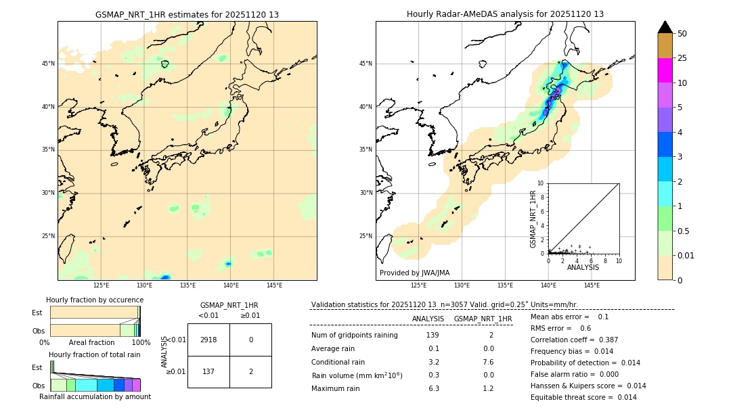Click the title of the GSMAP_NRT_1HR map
[x=187, y=14]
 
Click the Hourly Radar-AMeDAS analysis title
[x=505, y=14]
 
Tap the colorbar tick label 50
[x=682, y=34]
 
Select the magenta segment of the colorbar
[x=665, y=70]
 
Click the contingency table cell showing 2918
[x=208, y=340]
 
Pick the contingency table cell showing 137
[x=208, y=371]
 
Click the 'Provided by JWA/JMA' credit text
[x=414, y=273]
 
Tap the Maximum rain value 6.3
[x=433, y=388]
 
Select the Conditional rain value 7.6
[x=488, y=362]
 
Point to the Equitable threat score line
[x=583, y=397]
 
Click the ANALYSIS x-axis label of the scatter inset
[x=583, y=267]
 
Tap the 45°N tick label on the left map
[x=47, y=64]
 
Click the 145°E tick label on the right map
[x=592, y=285]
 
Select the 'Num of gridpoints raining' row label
[x=354, y=336]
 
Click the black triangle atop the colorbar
[x=665, y=27]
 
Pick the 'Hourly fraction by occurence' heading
[x=93, y=300]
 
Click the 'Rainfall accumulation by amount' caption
[x=95, y=396]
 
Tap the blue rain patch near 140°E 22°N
[x=229, y=263]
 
